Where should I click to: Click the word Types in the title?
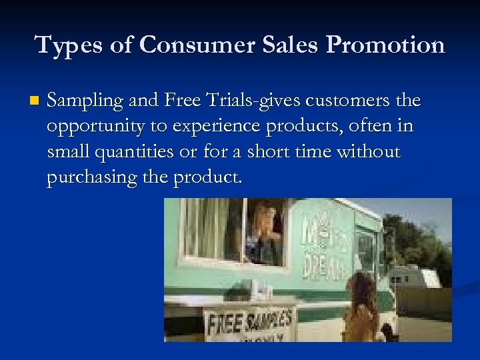(59, 45)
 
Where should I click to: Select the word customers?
(350, 101)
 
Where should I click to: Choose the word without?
(367, 153)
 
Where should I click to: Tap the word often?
(365, 127)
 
